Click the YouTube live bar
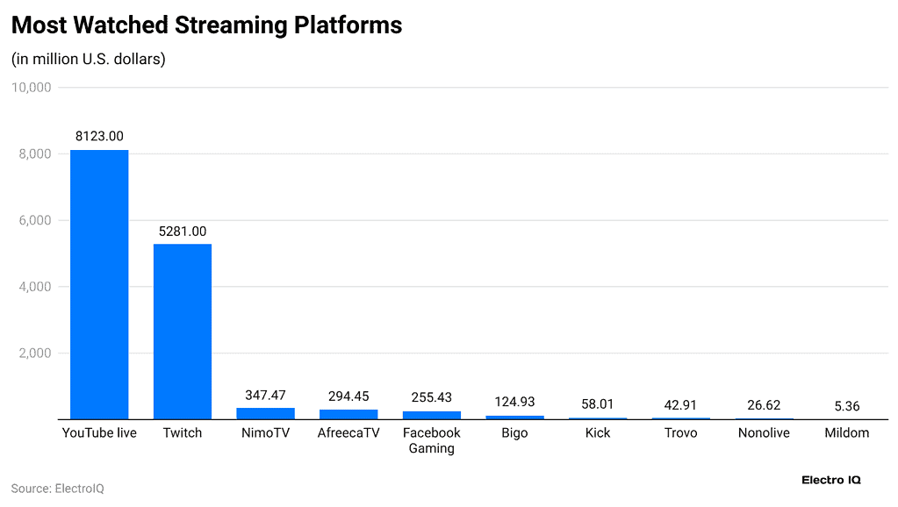click(x=99, y=284)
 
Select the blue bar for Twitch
click(x=183, y=332)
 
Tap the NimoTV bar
click(x=265, y=413)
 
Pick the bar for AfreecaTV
click(x=348, y=414)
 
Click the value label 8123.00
click(x=99, y=137)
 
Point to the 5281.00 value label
click(x=183, y=232)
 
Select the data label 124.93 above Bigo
click(x=514, y=402)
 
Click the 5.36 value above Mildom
click(x=847, y=406)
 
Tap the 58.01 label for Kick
click(x=598, y=404)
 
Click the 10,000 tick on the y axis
click(x=32, y=88)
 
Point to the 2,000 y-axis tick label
click(x=35, y=353)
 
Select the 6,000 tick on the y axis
click(x=35, y=220)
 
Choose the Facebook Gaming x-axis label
click(x=431, y=440)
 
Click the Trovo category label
click(x=680, y=433)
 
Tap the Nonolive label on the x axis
click(x=764, y=433)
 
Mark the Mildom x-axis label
click(x=847, y=433)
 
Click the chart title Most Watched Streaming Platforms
click(x=206, y=25)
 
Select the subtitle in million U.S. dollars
click(x=89, y=60)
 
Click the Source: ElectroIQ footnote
click(x=57, y=488)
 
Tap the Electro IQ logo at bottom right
click(x=831, y=480)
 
